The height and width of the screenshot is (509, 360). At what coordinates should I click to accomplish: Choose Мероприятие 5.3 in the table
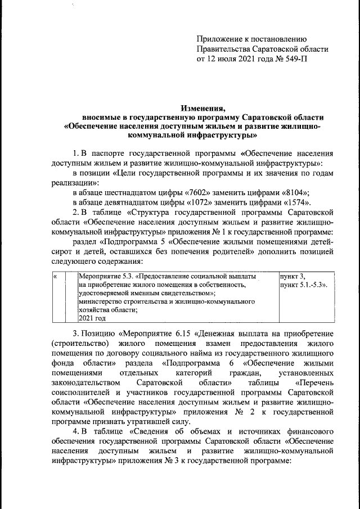106,277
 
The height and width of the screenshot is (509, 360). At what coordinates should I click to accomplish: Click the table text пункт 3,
292,277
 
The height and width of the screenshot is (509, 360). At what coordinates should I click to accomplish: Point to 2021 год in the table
91,318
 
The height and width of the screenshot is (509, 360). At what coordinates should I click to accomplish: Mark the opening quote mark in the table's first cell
55,277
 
